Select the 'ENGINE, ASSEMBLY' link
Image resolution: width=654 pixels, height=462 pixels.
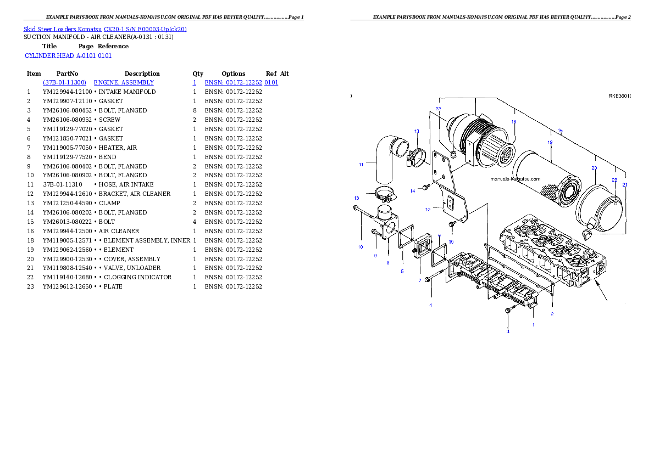(124, 82)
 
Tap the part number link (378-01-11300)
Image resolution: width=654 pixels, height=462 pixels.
(64, 82)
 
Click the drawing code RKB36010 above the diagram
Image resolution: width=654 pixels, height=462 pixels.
(619, 96)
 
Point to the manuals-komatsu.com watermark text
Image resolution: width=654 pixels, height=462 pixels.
(515, 179)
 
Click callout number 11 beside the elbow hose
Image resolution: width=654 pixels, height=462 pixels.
(361, 164)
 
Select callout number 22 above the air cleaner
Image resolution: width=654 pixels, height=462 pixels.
(438, 109)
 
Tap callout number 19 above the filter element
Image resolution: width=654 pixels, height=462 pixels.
(550, 142)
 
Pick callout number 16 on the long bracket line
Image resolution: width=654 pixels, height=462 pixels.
(560, 131)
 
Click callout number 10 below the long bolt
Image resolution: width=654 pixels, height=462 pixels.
(361, 247)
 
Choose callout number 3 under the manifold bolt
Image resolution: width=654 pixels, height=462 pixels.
(508, 331)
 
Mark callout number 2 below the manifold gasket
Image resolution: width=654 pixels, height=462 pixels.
(552, 314)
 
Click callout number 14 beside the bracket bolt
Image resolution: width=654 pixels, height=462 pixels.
(412, 191)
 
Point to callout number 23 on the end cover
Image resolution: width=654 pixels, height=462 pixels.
(614, 180)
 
